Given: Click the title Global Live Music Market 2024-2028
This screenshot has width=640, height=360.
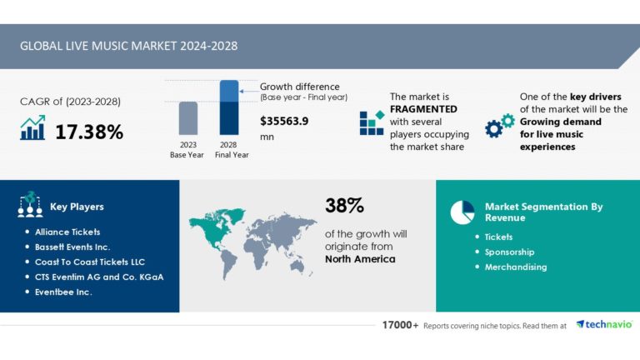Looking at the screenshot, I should (128, 46).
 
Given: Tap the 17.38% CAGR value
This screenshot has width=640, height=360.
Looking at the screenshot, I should (89, 131).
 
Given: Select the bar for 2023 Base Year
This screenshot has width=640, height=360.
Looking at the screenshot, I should (188, 118).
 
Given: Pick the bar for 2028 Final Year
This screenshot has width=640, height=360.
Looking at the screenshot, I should (229, 108).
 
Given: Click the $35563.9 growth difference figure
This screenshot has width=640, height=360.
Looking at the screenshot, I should (284, 121).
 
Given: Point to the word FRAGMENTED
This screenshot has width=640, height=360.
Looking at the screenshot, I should (425, 109).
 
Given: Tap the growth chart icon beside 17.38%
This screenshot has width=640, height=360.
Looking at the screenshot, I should (32, 128).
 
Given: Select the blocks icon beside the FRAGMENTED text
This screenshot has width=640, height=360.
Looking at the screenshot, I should (371, 122).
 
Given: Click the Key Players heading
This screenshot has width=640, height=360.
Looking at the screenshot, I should (77, 207).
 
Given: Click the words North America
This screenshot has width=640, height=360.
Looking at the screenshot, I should (360, 259).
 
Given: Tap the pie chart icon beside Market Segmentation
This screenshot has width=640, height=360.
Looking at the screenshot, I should (462, 212).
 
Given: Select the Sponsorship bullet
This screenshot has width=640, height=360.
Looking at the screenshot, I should (509, 252).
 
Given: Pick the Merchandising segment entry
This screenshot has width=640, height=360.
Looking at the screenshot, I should (515, 267).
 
